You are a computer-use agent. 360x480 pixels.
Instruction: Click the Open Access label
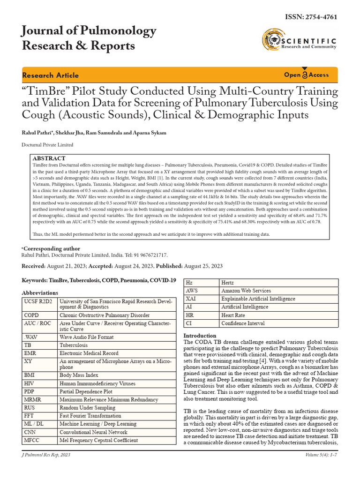(306, 75)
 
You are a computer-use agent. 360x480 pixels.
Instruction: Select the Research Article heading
(51, 75)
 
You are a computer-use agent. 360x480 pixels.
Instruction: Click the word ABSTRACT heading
(49, 158)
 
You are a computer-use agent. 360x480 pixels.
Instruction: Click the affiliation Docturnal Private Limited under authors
(47, 145)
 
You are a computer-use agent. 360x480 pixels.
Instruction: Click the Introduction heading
(200, 336)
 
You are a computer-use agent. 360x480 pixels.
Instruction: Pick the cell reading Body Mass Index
(79, 375)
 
